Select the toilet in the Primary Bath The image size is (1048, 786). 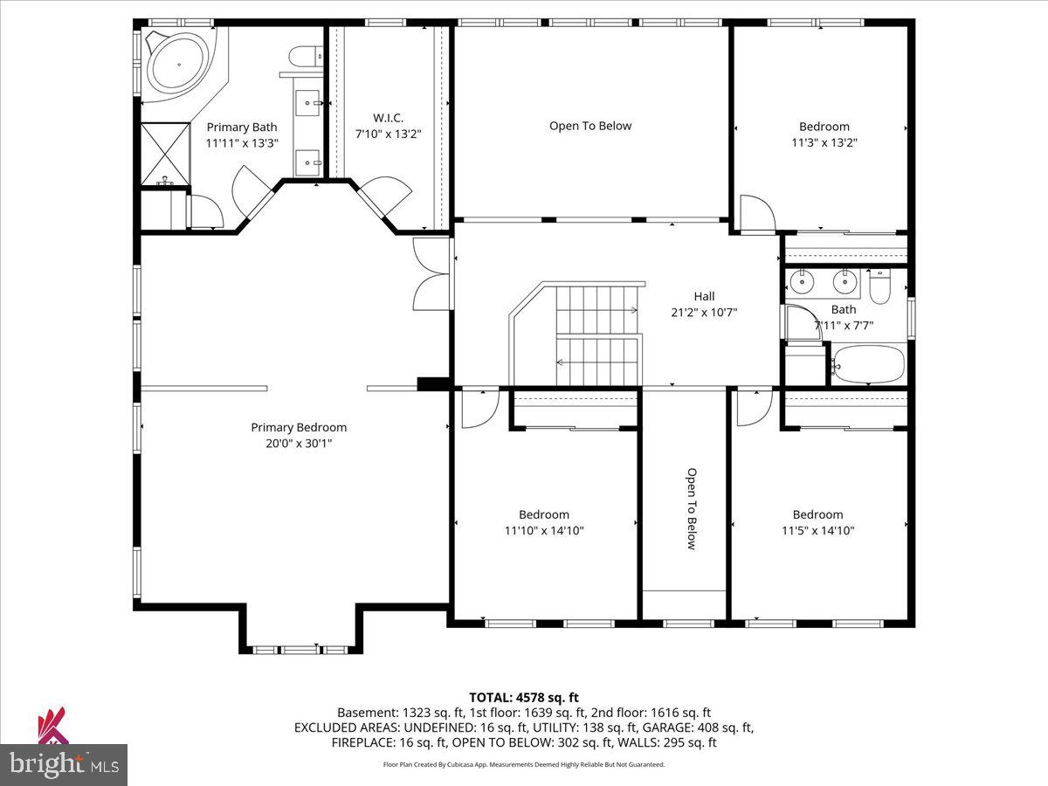pos(306,56)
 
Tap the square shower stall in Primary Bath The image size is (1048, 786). pos(166,154)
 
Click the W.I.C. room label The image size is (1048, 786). pos(388,117)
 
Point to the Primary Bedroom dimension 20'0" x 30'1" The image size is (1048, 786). pos(299,444)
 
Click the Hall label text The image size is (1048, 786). pos(704,296)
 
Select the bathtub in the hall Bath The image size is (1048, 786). pos(868,365)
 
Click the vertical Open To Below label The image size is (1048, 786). pos(692,509)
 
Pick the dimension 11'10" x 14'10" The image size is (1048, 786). pos(544,531)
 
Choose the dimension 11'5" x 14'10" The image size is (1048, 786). pos(817,531)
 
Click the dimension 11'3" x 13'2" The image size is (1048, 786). pos(824,142)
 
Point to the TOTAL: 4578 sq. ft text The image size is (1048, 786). pos(524,698)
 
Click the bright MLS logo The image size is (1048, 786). pos(64,764)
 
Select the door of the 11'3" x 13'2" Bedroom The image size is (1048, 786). pos(757,213)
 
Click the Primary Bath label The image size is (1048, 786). pos(242,128)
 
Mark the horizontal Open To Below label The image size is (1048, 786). pos(590,126)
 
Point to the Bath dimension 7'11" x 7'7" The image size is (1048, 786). pos(844,326)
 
